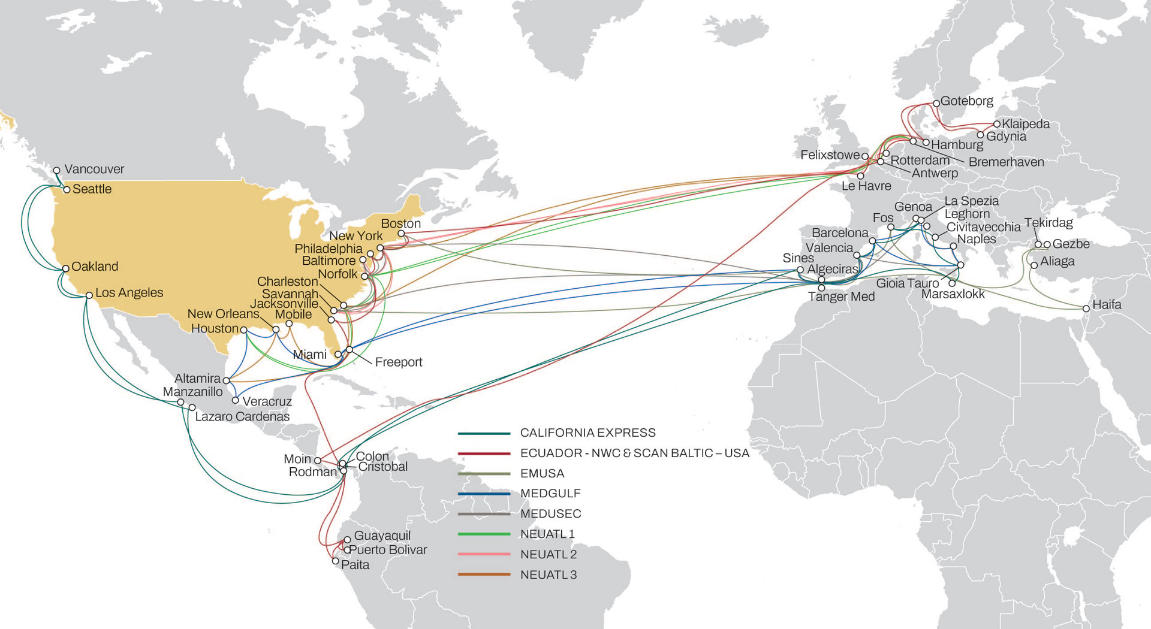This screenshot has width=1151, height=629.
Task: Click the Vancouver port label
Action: point(94,170)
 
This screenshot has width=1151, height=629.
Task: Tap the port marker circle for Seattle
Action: point(67,190)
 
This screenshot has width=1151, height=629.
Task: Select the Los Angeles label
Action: point(129,293)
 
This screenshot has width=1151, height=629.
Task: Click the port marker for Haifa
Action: point(1086,309)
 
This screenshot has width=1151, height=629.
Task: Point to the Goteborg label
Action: point(966,101)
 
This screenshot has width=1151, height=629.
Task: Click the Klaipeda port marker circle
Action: point(997,124)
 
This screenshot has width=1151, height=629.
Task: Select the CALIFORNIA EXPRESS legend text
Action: point(587,433)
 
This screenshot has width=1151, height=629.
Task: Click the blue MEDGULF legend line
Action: point(484,494)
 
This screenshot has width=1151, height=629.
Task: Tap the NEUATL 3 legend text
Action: point(548,575)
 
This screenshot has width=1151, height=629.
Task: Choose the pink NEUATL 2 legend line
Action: point(484,554)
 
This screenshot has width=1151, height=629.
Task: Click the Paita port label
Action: point(355,565)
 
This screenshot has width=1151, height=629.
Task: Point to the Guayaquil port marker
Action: point(347,540)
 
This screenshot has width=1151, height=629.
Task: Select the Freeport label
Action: point(398,362)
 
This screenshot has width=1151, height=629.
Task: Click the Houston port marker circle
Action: point(243,329)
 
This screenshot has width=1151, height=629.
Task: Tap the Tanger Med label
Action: point(841,297)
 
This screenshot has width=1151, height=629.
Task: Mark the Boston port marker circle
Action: point(401,234)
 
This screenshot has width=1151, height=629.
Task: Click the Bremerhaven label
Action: point(1006,162)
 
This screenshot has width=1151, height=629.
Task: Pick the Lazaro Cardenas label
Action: point(242,417)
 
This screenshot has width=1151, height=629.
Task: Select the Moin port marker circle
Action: point(318,460)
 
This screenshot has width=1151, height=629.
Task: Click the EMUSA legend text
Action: point(542,473)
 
